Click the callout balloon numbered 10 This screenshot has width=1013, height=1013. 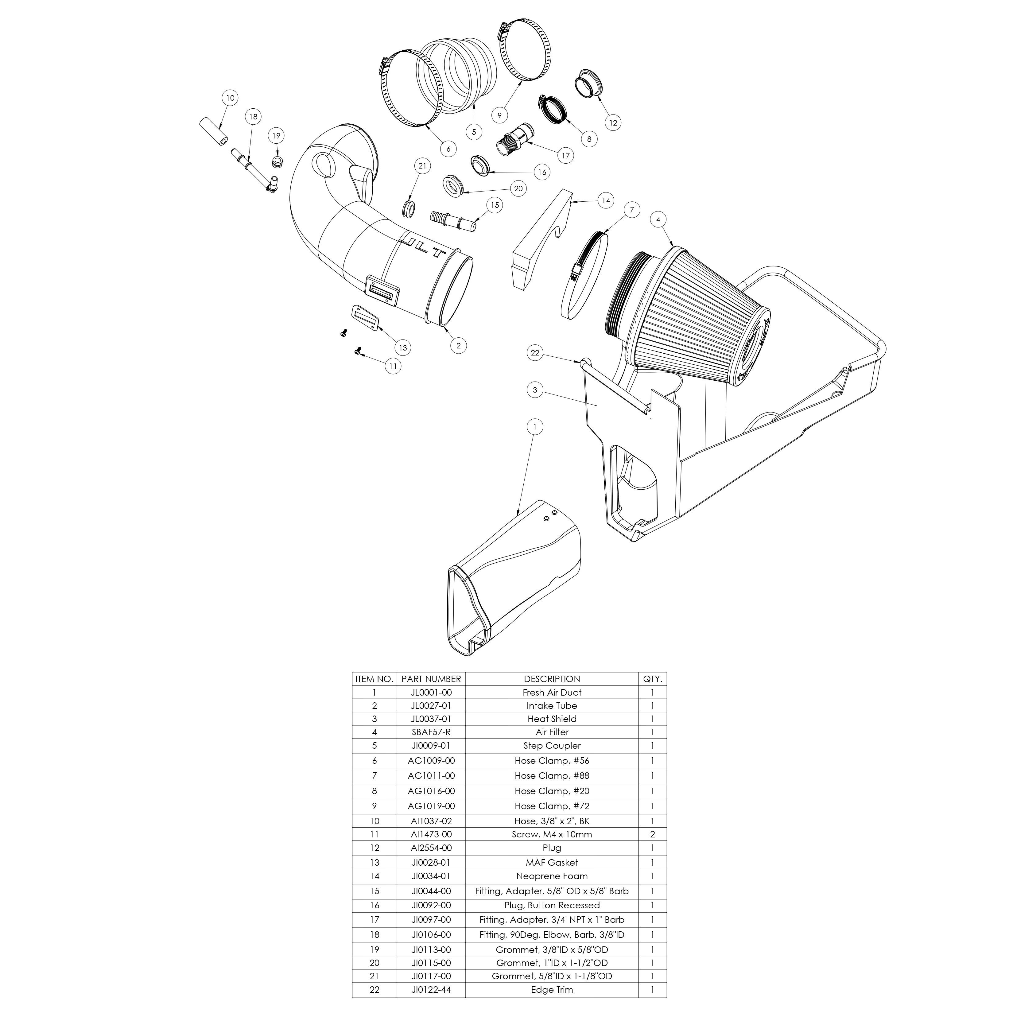coord(230,98)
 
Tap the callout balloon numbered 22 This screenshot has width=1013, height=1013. coord(535,353)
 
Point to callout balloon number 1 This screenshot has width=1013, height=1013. coord(535,427)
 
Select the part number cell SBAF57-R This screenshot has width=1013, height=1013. coord(431,732)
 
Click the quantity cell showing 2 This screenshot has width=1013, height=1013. coord(652,834)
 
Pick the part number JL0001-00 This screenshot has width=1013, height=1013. coord(431,692)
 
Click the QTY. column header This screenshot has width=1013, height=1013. coord(652,678)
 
